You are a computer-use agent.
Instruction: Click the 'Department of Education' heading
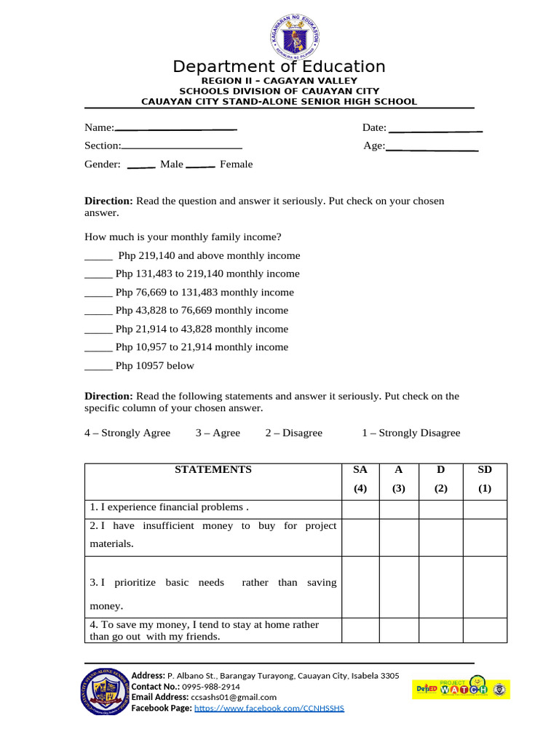click(x=279, y=67)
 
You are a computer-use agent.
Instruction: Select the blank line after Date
click(x=436, y=130)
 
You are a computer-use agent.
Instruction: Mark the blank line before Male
click(x=141, y=166)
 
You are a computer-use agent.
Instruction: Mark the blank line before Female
click(x=200, y=166)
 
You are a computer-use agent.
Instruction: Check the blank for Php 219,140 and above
click(x=98, y=258)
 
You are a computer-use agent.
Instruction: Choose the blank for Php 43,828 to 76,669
click(x=98, y=312)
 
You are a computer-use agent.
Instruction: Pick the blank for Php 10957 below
click(x=98, y=367)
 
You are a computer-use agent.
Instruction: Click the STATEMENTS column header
click(x=213, y=470)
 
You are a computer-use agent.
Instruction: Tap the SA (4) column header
click(x=360, y=479)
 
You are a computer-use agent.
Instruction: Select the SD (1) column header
click(x=485, y=479)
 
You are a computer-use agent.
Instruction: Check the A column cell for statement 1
click(x=399, y=509)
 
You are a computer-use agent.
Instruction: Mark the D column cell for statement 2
click(x=441, y=538)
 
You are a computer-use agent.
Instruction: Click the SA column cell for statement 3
click(x=360, y=587)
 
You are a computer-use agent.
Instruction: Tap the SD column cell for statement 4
click(x=485, y=631)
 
